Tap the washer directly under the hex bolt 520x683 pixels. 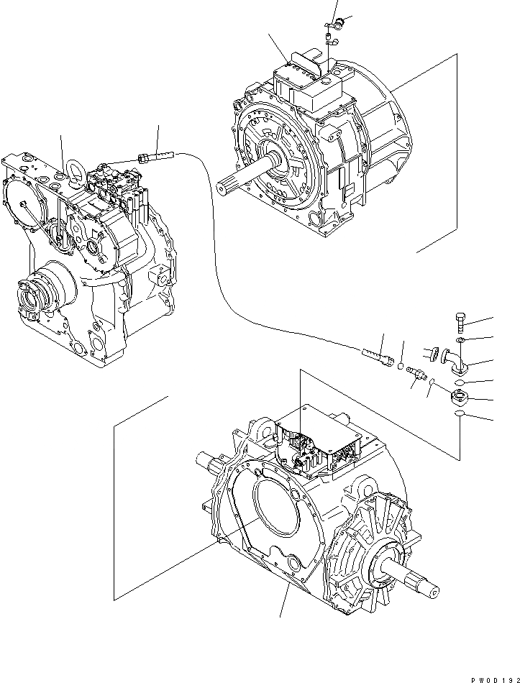coord(460,339)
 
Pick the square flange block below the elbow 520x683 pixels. coord(457,396)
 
